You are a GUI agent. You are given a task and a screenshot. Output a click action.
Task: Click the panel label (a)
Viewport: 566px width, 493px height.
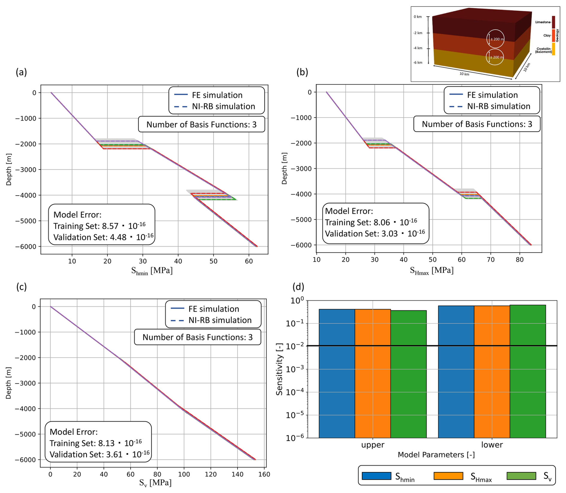coord(21,72)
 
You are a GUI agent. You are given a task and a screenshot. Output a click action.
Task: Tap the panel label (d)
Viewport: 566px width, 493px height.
coord(298,287)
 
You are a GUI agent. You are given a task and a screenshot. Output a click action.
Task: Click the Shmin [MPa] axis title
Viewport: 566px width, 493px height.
coord(152,271)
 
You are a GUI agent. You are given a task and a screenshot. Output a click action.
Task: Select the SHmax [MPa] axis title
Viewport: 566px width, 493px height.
coord(431,271)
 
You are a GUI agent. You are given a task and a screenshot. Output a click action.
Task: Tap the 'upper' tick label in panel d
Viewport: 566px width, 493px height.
coord(372,445)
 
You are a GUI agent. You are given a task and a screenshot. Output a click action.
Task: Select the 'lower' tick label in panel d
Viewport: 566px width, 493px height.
coord(492,445)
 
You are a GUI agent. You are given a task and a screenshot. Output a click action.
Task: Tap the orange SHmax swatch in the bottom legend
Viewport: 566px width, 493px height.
coord(448,476)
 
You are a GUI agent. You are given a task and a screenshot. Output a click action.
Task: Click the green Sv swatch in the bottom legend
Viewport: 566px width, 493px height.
coord(521,476)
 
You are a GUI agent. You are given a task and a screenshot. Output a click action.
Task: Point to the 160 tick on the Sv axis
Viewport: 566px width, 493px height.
coord(264,474)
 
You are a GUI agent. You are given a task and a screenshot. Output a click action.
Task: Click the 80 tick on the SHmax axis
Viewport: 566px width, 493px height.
coord(520,260)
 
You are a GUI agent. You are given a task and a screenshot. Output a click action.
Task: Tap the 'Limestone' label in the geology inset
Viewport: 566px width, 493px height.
coord(542,22)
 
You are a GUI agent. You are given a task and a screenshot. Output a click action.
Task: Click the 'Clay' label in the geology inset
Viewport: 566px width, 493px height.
coord(547,36)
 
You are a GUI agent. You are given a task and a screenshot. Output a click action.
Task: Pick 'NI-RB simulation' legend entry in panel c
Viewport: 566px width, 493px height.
coord(220,320)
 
